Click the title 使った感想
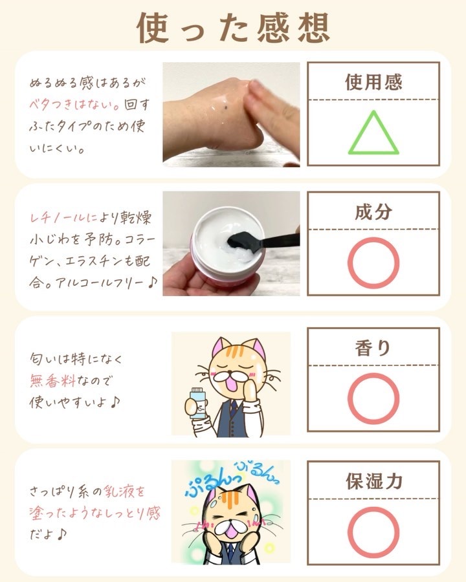coord(234,27)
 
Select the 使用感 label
coord(373,81)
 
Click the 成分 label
coord(373,211)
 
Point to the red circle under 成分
coord(349,263)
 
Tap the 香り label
coord(373,348)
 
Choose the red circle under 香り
coord(349,398)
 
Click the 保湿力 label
coord(374,481)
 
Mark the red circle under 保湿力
coord(349,532)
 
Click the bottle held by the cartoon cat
coord(197,404)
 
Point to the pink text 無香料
coord(53,381)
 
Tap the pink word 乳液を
coord(124,492)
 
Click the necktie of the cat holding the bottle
coord(232,407)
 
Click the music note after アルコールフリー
coord(152,283)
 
